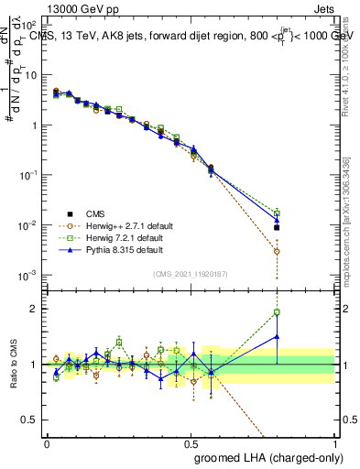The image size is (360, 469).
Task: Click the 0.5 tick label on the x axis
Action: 191,443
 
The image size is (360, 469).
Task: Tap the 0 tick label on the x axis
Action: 47,443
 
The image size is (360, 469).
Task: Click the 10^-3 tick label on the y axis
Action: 27,276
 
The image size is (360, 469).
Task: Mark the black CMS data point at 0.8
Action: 277,227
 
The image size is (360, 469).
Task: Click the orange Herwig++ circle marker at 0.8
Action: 277,250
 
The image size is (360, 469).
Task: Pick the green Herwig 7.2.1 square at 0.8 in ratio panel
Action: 277,312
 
